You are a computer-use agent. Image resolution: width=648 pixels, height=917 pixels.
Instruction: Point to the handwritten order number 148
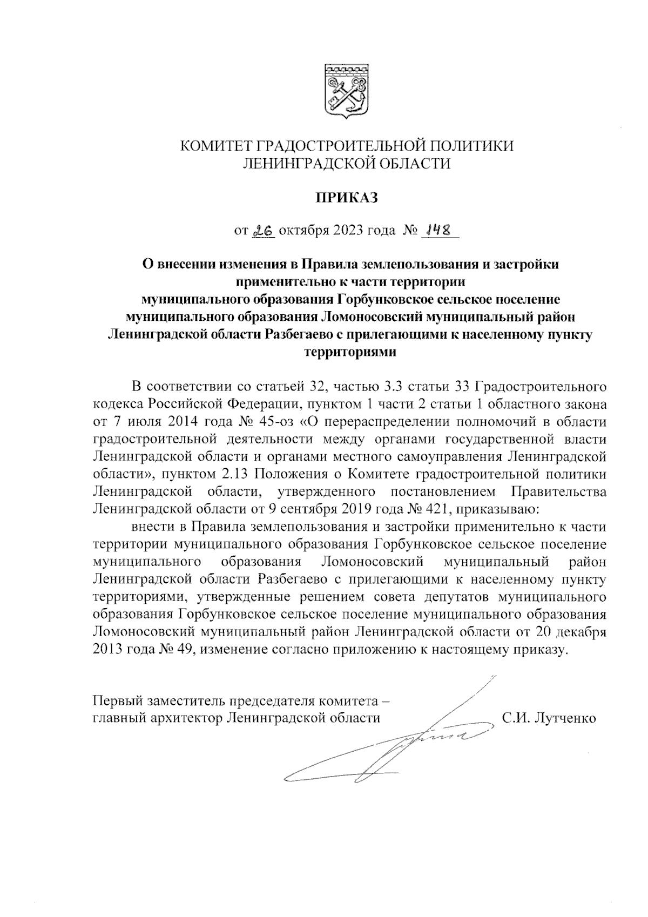pyautogui.click(x=438, y=230)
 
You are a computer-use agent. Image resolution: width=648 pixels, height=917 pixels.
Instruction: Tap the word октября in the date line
pyautogui.click(x=300, y=231)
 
